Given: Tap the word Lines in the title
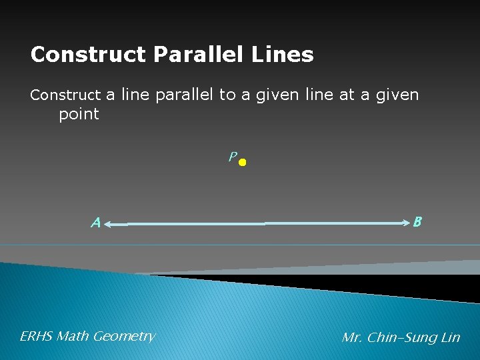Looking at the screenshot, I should [x=288, y=55].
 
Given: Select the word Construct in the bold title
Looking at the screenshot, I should [x=88, y=55].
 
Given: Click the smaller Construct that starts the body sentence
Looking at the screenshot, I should [x=65, y=95].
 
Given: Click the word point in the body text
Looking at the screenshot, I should [x=79, y=114].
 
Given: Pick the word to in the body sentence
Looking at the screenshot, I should [x=227, y=95].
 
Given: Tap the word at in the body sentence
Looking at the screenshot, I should [x=346, y=95].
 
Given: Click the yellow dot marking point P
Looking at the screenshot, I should [x=243, y=162].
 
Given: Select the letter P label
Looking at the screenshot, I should [x=231, y=157].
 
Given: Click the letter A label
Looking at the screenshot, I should [x=96, y=223].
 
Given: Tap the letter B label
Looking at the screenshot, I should [x=417, y=221].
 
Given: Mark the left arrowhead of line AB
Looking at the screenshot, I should [x=108, y=226].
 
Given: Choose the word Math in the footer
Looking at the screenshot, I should [x=73, y=337].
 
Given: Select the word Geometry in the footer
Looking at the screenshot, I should [x=124, y=337].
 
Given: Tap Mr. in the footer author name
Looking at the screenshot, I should [x=352, y=338].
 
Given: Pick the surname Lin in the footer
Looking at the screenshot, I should [x=450, y=338].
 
